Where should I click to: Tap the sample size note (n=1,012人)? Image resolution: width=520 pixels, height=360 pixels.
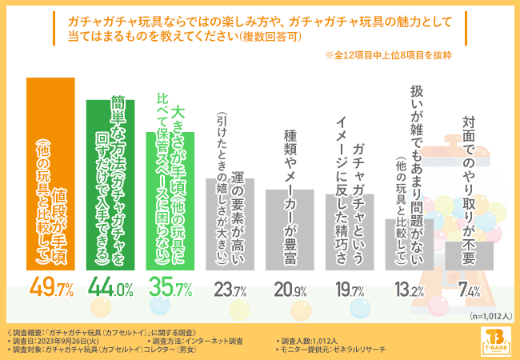(486, 315)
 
